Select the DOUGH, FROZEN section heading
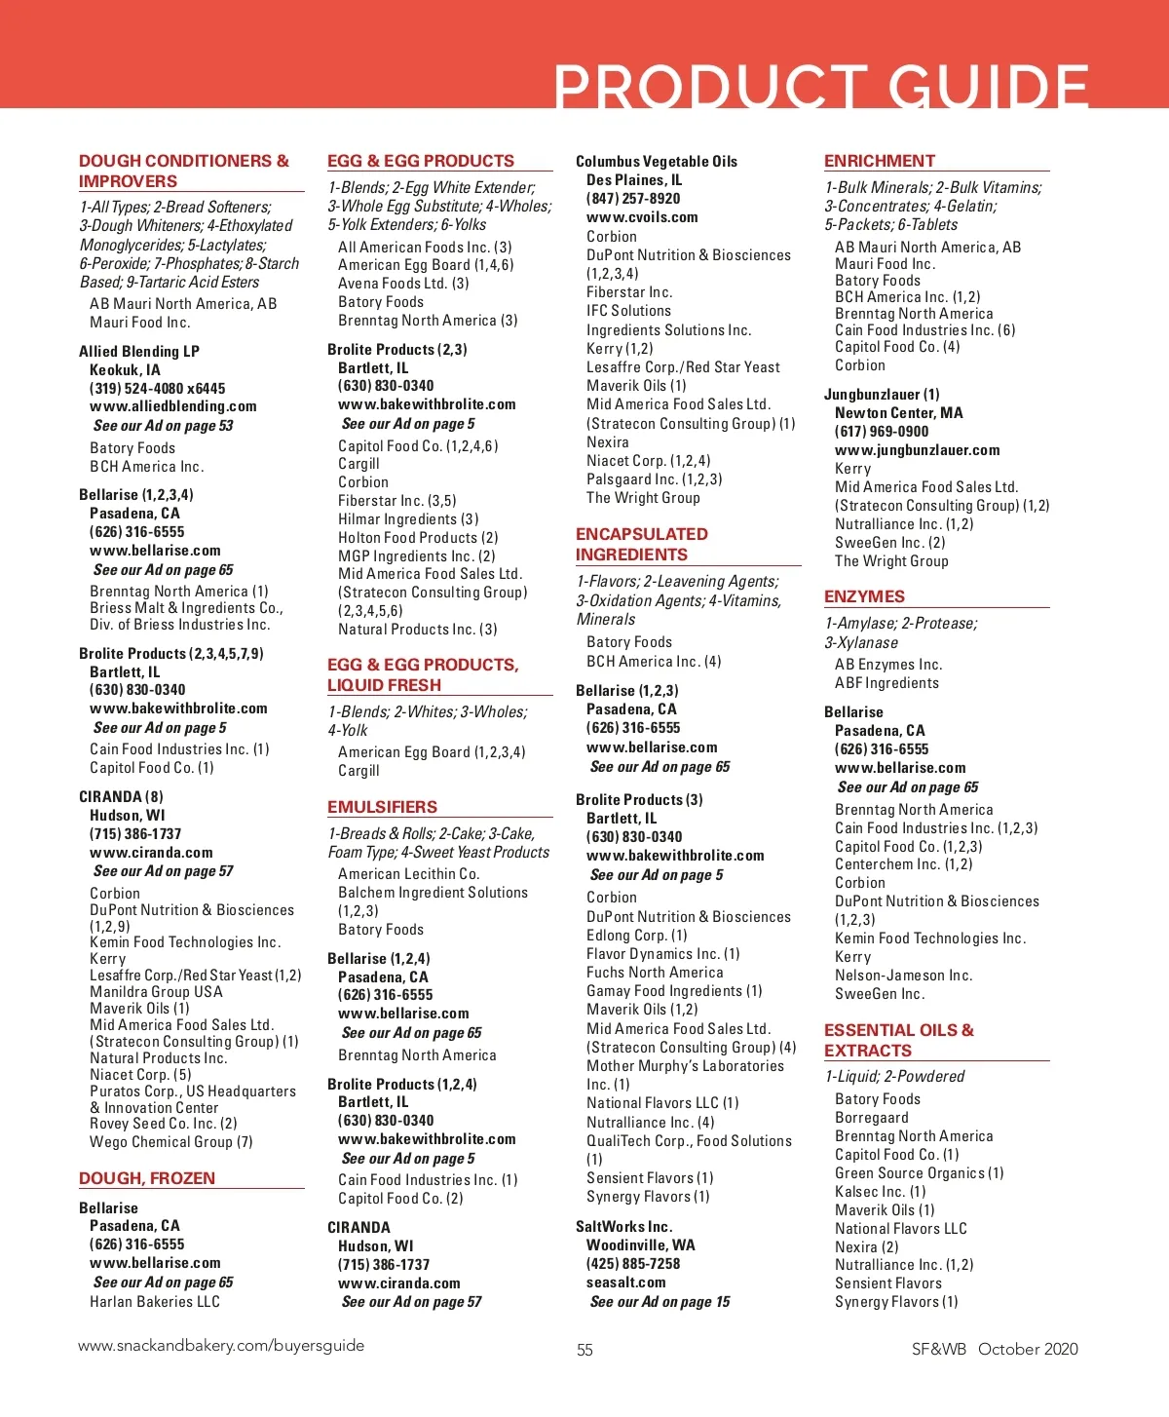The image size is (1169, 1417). click(147, 1178)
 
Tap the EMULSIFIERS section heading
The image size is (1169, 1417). click(382, 807)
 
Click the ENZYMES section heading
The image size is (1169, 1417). click(864, 596)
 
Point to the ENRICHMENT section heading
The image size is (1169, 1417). click(879, 161)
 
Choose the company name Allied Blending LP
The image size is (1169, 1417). click(139, 351)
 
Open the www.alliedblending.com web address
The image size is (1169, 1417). click(173, 406)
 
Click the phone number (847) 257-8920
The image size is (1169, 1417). click(633, 199)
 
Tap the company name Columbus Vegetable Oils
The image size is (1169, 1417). click(657, 162)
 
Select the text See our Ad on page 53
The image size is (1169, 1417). click(163, 426)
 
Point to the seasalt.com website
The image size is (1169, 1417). click(626, 1283)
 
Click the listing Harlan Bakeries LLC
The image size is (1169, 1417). click(155, 1302)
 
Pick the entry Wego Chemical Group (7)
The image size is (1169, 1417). click(171, 1141)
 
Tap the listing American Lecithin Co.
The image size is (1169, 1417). click(409, 874)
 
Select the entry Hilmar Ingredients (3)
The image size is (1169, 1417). click(408, 519)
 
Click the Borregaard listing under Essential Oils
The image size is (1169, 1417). click(872, 1118)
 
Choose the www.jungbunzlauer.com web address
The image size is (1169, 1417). click(917, 450)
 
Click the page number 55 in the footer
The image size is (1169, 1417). click(584, 1350)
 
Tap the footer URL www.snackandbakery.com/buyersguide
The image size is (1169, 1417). click(221, 1346)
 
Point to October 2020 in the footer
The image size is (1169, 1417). click(1028, 1349)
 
